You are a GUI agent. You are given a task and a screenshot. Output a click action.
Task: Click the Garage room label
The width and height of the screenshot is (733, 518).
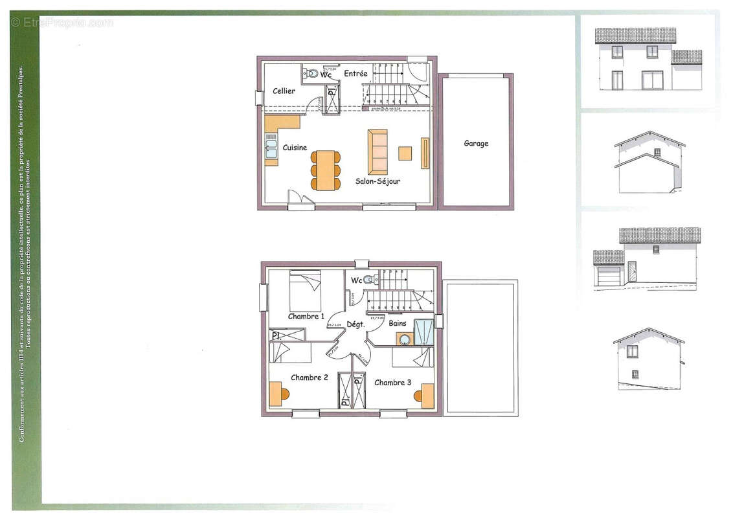[476, 144]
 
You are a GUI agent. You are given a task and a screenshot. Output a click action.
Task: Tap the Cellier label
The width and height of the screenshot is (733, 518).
[284, 91]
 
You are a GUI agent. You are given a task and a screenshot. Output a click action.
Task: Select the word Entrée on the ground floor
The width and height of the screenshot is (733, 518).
[355, 74]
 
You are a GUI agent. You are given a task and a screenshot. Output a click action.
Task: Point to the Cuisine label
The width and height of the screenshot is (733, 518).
[295, 148]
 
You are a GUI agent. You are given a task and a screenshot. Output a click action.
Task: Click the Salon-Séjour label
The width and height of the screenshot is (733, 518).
[378, 181]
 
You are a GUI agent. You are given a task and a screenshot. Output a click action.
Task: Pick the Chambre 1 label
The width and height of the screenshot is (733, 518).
[306, 317]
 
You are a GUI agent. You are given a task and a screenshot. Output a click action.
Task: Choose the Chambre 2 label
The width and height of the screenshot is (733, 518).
[310, 377]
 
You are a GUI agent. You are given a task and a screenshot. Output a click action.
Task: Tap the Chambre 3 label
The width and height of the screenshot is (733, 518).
[392, 383]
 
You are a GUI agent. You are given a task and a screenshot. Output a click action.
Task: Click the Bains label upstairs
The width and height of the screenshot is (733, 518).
[398, 323]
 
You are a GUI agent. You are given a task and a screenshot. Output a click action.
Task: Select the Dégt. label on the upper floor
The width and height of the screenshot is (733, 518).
[355, 324]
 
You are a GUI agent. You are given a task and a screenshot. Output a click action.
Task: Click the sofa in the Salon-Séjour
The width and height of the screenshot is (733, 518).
[378, 152]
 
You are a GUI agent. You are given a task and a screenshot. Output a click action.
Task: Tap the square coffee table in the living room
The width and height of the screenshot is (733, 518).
[405, 153]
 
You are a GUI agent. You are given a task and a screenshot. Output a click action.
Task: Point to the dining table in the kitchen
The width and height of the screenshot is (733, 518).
[326, 170]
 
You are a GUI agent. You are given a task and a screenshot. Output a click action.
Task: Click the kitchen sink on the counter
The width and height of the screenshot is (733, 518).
[271, 149]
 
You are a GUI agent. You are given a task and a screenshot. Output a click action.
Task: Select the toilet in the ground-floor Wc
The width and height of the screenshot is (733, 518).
[312, 73]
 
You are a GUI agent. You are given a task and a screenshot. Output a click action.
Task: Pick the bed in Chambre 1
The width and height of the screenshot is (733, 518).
[305, 291]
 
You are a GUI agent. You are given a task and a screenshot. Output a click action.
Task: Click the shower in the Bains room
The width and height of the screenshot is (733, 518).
[424, 332]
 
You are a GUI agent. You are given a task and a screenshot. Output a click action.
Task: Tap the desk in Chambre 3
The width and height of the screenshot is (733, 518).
[427, 396]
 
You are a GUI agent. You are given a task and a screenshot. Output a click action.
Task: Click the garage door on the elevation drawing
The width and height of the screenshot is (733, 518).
[608, 276]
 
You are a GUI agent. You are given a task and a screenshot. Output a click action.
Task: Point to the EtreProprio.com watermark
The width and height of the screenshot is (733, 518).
[62, 23]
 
